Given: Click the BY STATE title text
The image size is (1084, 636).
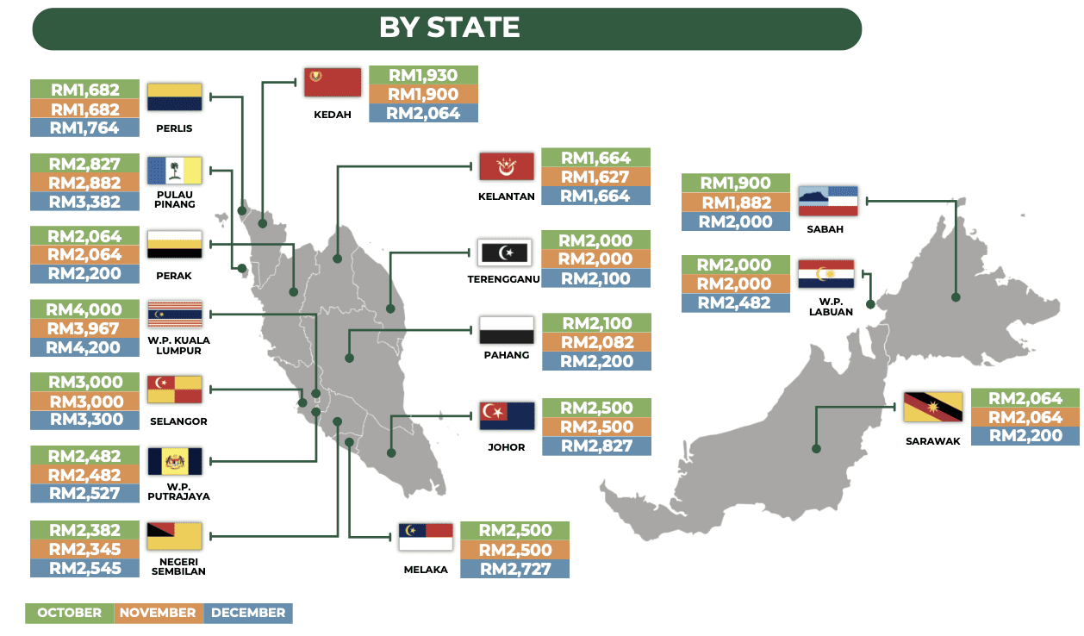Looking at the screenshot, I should [x=449, y=28].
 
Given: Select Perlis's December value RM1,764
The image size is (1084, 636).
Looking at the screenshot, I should [x=84, y=128].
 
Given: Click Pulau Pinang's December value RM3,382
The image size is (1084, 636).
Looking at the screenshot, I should [x=84, y=202].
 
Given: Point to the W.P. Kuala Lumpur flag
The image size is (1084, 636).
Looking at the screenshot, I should [x=175, y=315].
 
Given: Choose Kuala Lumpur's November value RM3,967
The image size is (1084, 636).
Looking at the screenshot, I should [x=84, y=328].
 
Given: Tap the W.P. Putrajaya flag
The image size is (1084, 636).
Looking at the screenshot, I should [x=175, y=462].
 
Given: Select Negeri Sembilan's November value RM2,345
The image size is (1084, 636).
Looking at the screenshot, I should [x=84, y=549].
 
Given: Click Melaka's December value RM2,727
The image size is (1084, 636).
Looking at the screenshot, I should [x=514, y=569].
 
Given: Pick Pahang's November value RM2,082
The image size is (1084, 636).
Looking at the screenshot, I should [x=596, y=343].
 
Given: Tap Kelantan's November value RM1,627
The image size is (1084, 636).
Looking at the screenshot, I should [x=596, y=178].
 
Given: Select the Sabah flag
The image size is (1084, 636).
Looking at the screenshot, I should [x=827, y=200].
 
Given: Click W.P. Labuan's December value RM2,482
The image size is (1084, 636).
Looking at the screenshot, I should [x=735, y=302].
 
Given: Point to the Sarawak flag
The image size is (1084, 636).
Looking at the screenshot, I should [x=932, y=407].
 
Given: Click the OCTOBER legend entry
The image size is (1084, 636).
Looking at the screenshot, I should [x=69, y=613].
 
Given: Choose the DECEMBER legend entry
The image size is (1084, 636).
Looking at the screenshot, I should [x=248, y=613].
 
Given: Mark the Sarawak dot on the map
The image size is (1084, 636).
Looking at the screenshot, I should [x=815, y=448].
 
